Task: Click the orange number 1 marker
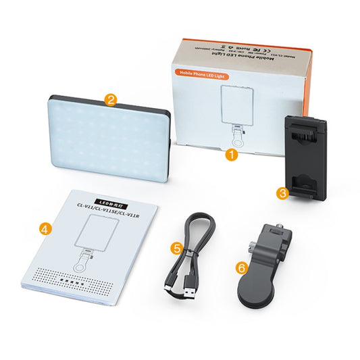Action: coord(232,154)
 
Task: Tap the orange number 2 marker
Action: coord(111,101)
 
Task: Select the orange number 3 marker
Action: coord(283,192)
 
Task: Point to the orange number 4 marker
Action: coord(45,229)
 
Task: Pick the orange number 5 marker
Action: coord(176,248)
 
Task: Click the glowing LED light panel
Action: coord(108,138)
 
